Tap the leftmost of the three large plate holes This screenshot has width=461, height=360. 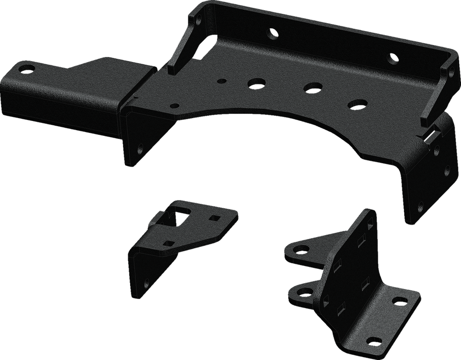click(x=253, y=83)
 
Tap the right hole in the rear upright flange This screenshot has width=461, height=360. click(x=393, y=59)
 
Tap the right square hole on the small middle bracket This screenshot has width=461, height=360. click(x=212, y=217)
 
